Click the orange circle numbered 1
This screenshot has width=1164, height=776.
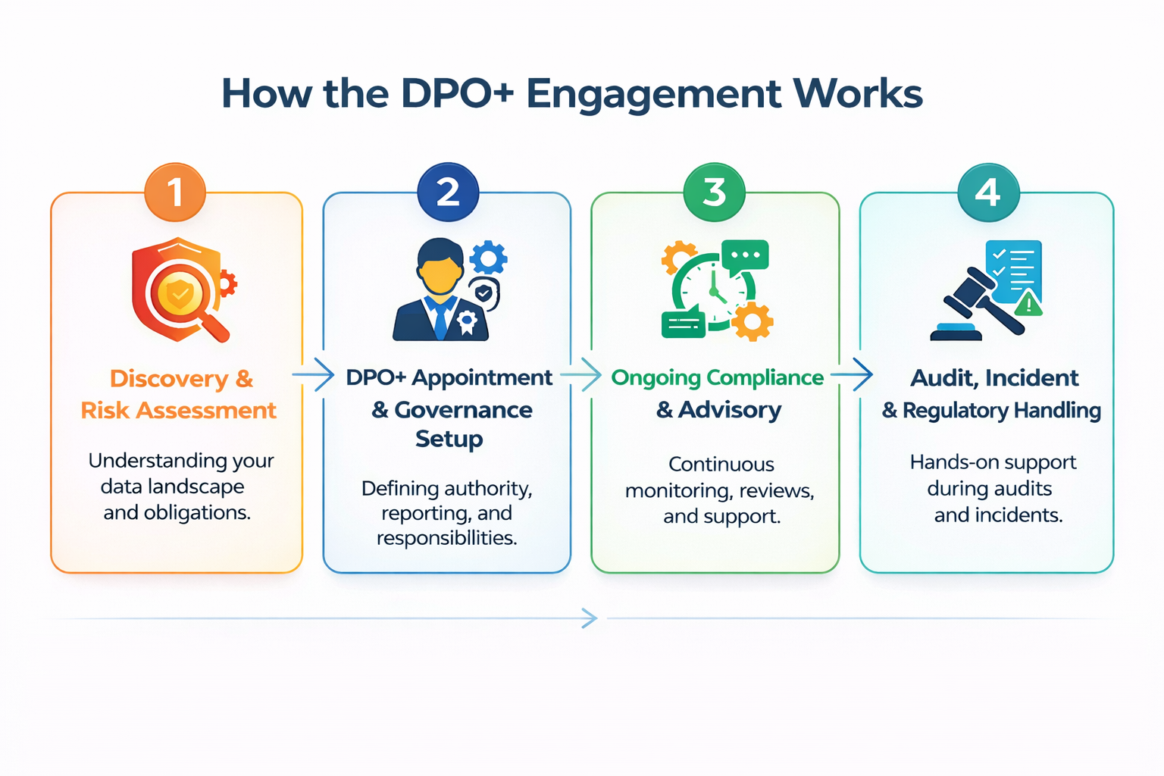click(x=175, y=192)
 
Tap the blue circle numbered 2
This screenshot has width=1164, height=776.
click(x=448, y=192)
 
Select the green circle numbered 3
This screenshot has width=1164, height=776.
click(x=714, y=192)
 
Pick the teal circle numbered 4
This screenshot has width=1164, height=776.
click(x=987, y=192)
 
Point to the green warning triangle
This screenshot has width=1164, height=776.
click(x=1028, y=305)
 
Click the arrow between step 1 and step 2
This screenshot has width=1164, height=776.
click(x=314, y=375)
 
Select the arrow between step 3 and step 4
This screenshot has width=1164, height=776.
click(x=852, y=374)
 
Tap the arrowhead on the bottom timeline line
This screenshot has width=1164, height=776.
click(x=590, y=618)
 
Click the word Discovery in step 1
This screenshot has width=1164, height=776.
click(x=168, y=378)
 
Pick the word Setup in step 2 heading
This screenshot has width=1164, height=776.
click(x=449, y=439)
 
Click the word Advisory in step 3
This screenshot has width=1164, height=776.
click(x=729, y=410)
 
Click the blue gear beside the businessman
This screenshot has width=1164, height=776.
click(x=488, y=258)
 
